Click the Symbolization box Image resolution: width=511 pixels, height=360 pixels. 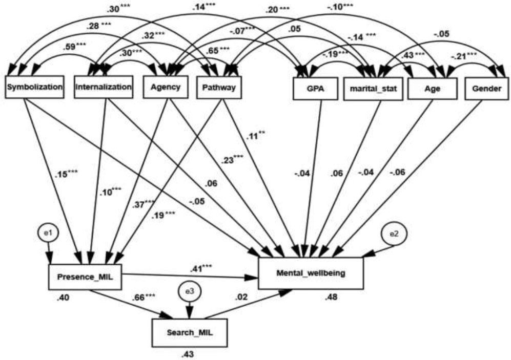pos(34,87)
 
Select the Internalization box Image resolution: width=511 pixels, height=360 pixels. pos(104,87)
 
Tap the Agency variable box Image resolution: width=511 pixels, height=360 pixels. pos(166,87)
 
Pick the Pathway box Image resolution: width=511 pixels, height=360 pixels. pos(219,87)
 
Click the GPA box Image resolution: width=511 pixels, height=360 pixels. pos(316,89)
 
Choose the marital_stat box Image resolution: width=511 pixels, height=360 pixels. pos(373,89)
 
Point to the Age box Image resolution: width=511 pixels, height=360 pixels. pos(433,89)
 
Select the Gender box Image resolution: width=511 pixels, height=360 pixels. pos(486,89)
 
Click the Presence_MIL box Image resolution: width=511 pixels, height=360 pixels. pos(85,277)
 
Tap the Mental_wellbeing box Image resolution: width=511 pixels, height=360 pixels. pos(311,273)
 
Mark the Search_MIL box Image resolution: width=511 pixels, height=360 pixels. pos(190,333)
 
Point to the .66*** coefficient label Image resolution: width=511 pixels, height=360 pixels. pos(144,297)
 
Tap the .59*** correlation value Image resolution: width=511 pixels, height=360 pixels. pos(74,47)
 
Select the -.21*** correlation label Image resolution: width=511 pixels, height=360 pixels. pos(464,57)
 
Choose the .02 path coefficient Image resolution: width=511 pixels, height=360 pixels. pos(241,297)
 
